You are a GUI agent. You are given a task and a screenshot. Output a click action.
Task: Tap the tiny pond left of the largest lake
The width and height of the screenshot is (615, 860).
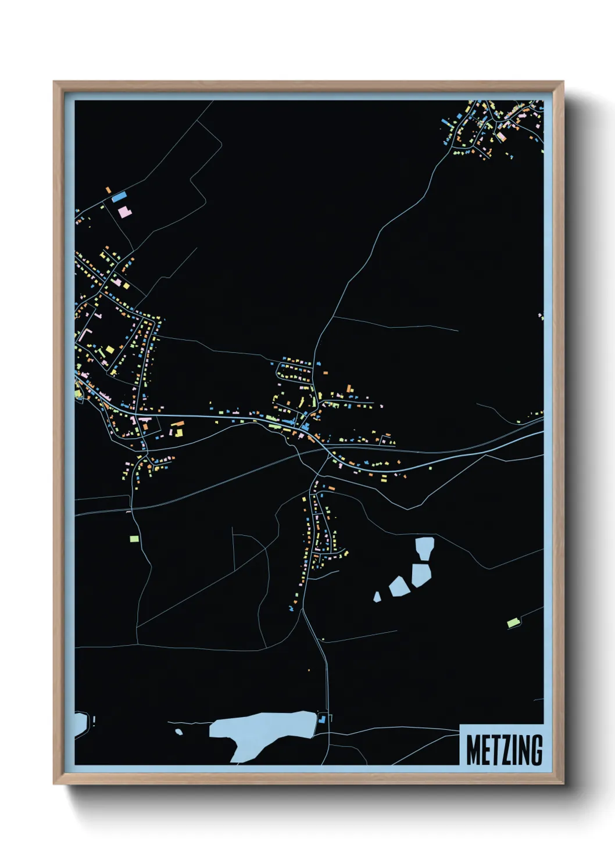point(178,731)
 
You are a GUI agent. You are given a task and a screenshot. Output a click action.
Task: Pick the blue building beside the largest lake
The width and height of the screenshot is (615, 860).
point(321,719)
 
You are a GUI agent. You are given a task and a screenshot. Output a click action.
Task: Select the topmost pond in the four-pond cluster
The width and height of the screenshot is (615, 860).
point(424,548)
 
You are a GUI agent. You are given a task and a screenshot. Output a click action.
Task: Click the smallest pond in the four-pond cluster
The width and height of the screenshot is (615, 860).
point(377,597)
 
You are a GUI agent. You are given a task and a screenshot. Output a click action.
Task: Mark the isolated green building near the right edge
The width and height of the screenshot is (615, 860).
point(513,623)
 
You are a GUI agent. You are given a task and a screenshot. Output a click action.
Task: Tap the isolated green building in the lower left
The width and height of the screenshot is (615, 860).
point(134,539)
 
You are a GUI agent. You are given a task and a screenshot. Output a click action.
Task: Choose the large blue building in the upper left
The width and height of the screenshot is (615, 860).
point(120,196)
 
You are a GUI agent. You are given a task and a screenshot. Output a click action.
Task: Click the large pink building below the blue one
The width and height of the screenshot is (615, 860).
point(124,212)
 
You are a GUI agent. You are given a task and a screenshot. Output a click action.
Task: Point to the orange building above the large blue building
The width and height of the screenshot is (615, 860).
point(108,190)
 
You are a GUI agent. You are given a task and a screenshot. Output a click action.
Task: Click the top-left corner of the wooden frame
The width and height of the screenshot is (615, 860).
point(56,84)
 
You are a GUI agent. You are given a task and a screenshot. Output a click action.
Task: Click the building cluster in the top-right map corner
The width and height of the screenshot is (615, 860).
point(494,128)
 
